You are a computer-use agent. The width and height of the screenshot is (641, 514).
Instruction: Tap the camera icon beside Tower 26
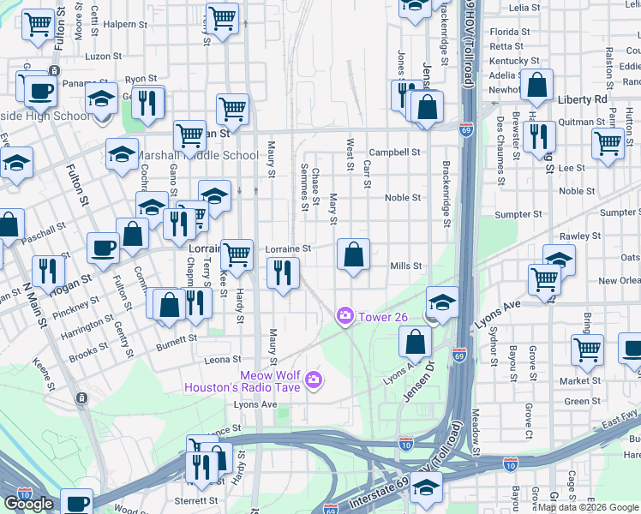click(345, 317)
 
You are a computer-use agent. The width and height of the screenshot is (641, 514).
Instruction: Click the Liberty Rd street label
click(582, 99)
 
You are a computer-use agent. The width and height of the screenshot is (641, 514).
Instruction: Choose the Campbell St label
click(395, 152)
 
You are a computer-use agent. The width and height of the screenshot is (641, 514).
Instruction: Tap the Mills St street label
click(406, 266)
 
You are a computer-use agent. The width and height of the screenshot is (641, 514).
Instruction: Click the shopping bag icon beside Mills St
click(353, 254)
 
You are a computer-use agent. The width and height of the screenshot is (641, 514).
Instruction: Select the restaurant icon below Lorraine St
click(282, 273)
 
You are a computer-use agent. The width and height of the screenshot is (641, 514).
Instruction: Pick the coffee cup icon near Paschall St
click(104, 248)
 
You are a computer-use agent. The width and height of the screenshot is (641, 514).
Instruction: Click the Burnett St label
click(177, 338)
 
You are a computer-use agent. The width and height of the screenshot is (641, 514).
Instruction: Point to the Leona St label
click(223, 360)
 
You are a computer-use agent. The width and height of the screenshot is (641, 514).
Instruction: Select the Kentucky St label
click(514, 61)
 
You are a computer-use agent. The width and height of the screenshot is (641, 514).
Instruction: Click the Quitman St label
click(582, 123)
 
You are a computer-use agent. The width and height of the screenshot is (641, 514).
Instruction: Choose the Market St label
click(582, 381)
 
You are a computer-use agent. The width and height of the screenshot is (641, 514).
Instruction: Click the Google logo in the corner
click(29, 504)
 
